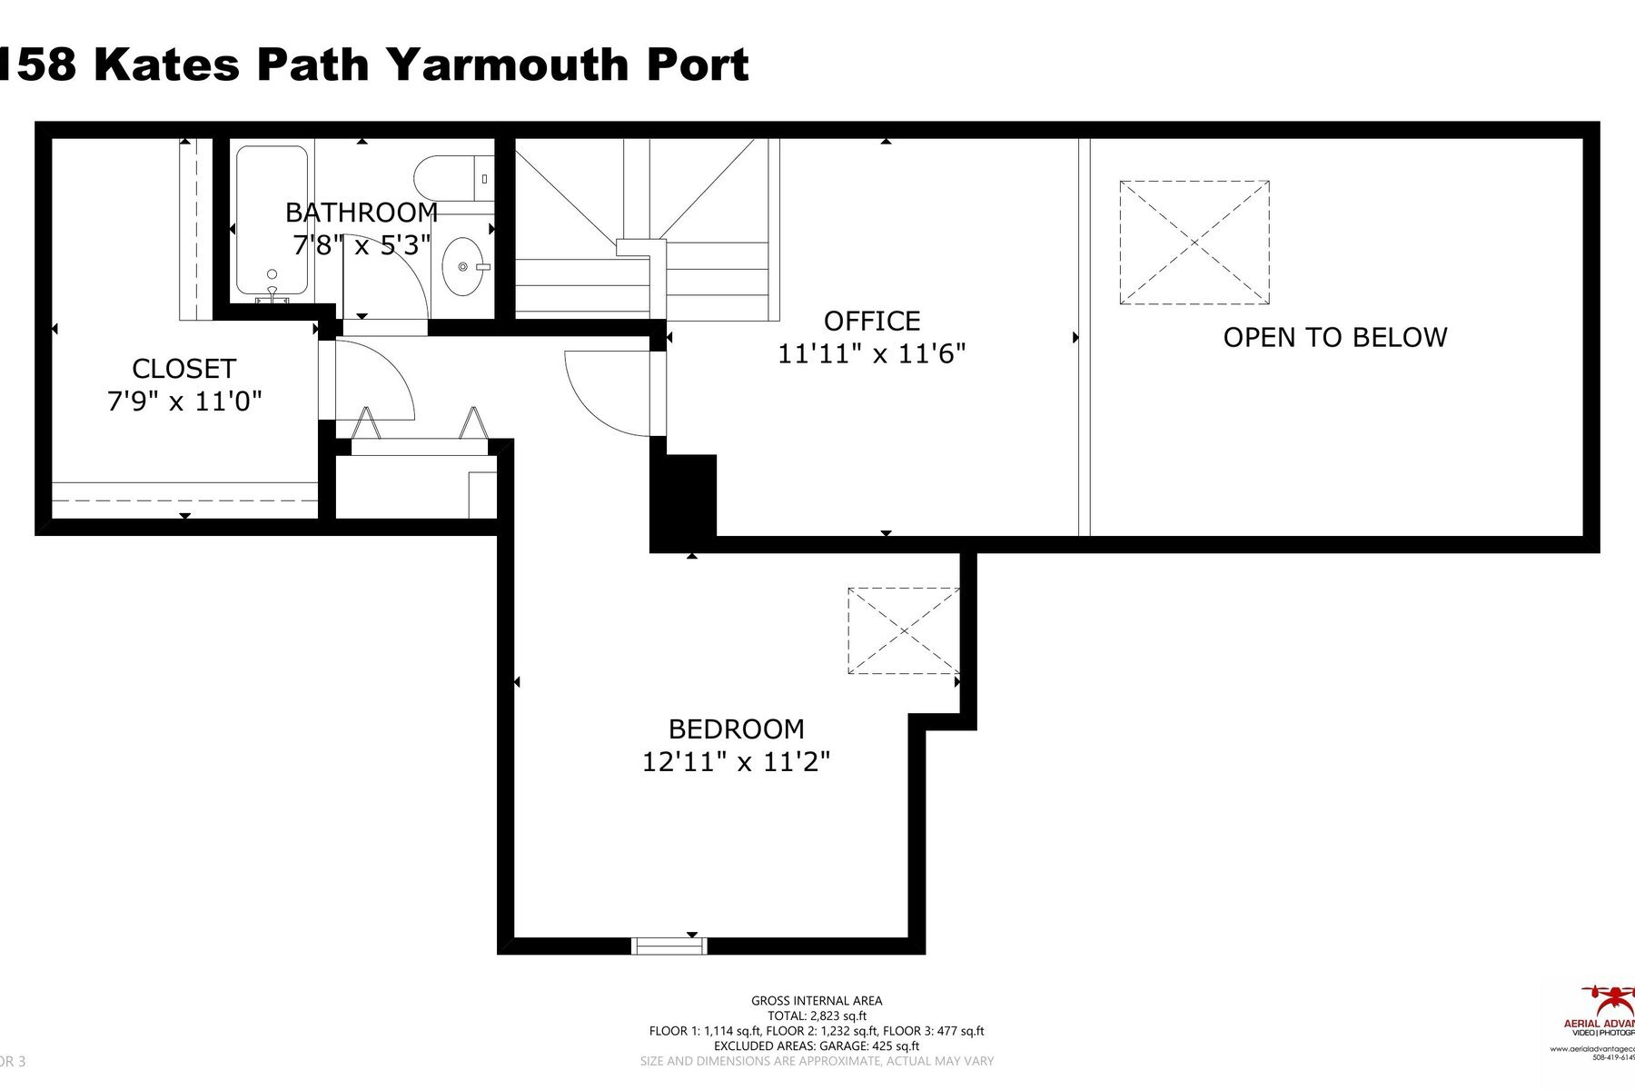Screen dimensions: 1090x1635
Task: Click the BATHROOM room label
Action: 362,213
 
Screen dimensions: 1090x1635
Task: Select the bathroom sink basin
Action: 462,267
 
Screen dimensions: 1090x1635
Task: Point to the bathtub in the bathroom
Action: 271,221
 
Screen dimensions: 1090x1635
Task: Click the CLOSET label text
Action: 183,369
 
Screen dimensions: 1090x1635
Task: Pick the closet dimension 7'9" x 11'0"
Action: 184,401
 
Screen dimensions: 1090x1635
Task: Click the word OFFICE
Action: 872,321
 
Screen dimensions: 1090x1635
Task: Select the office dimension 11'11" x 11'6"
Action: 871,353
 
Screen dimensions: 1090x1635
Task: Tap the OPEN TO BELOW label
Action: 1334,338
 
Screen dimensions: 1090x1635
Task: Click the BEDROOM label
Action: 736,729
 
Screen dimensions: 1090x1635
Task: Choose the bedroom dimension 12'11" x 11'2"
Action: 736,761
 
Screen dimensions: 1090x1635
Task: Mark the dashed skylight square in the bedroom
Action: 903,630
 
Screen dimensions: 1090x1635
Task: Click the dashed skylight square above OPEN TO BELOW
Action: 1194,243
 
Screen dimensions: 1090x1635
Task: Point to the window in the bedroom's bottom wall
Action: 669,946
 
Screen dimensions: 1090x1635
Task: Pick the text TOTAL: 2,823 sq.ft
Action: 817,1016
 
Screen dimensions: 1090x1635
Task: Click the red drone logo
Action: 1610,999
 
